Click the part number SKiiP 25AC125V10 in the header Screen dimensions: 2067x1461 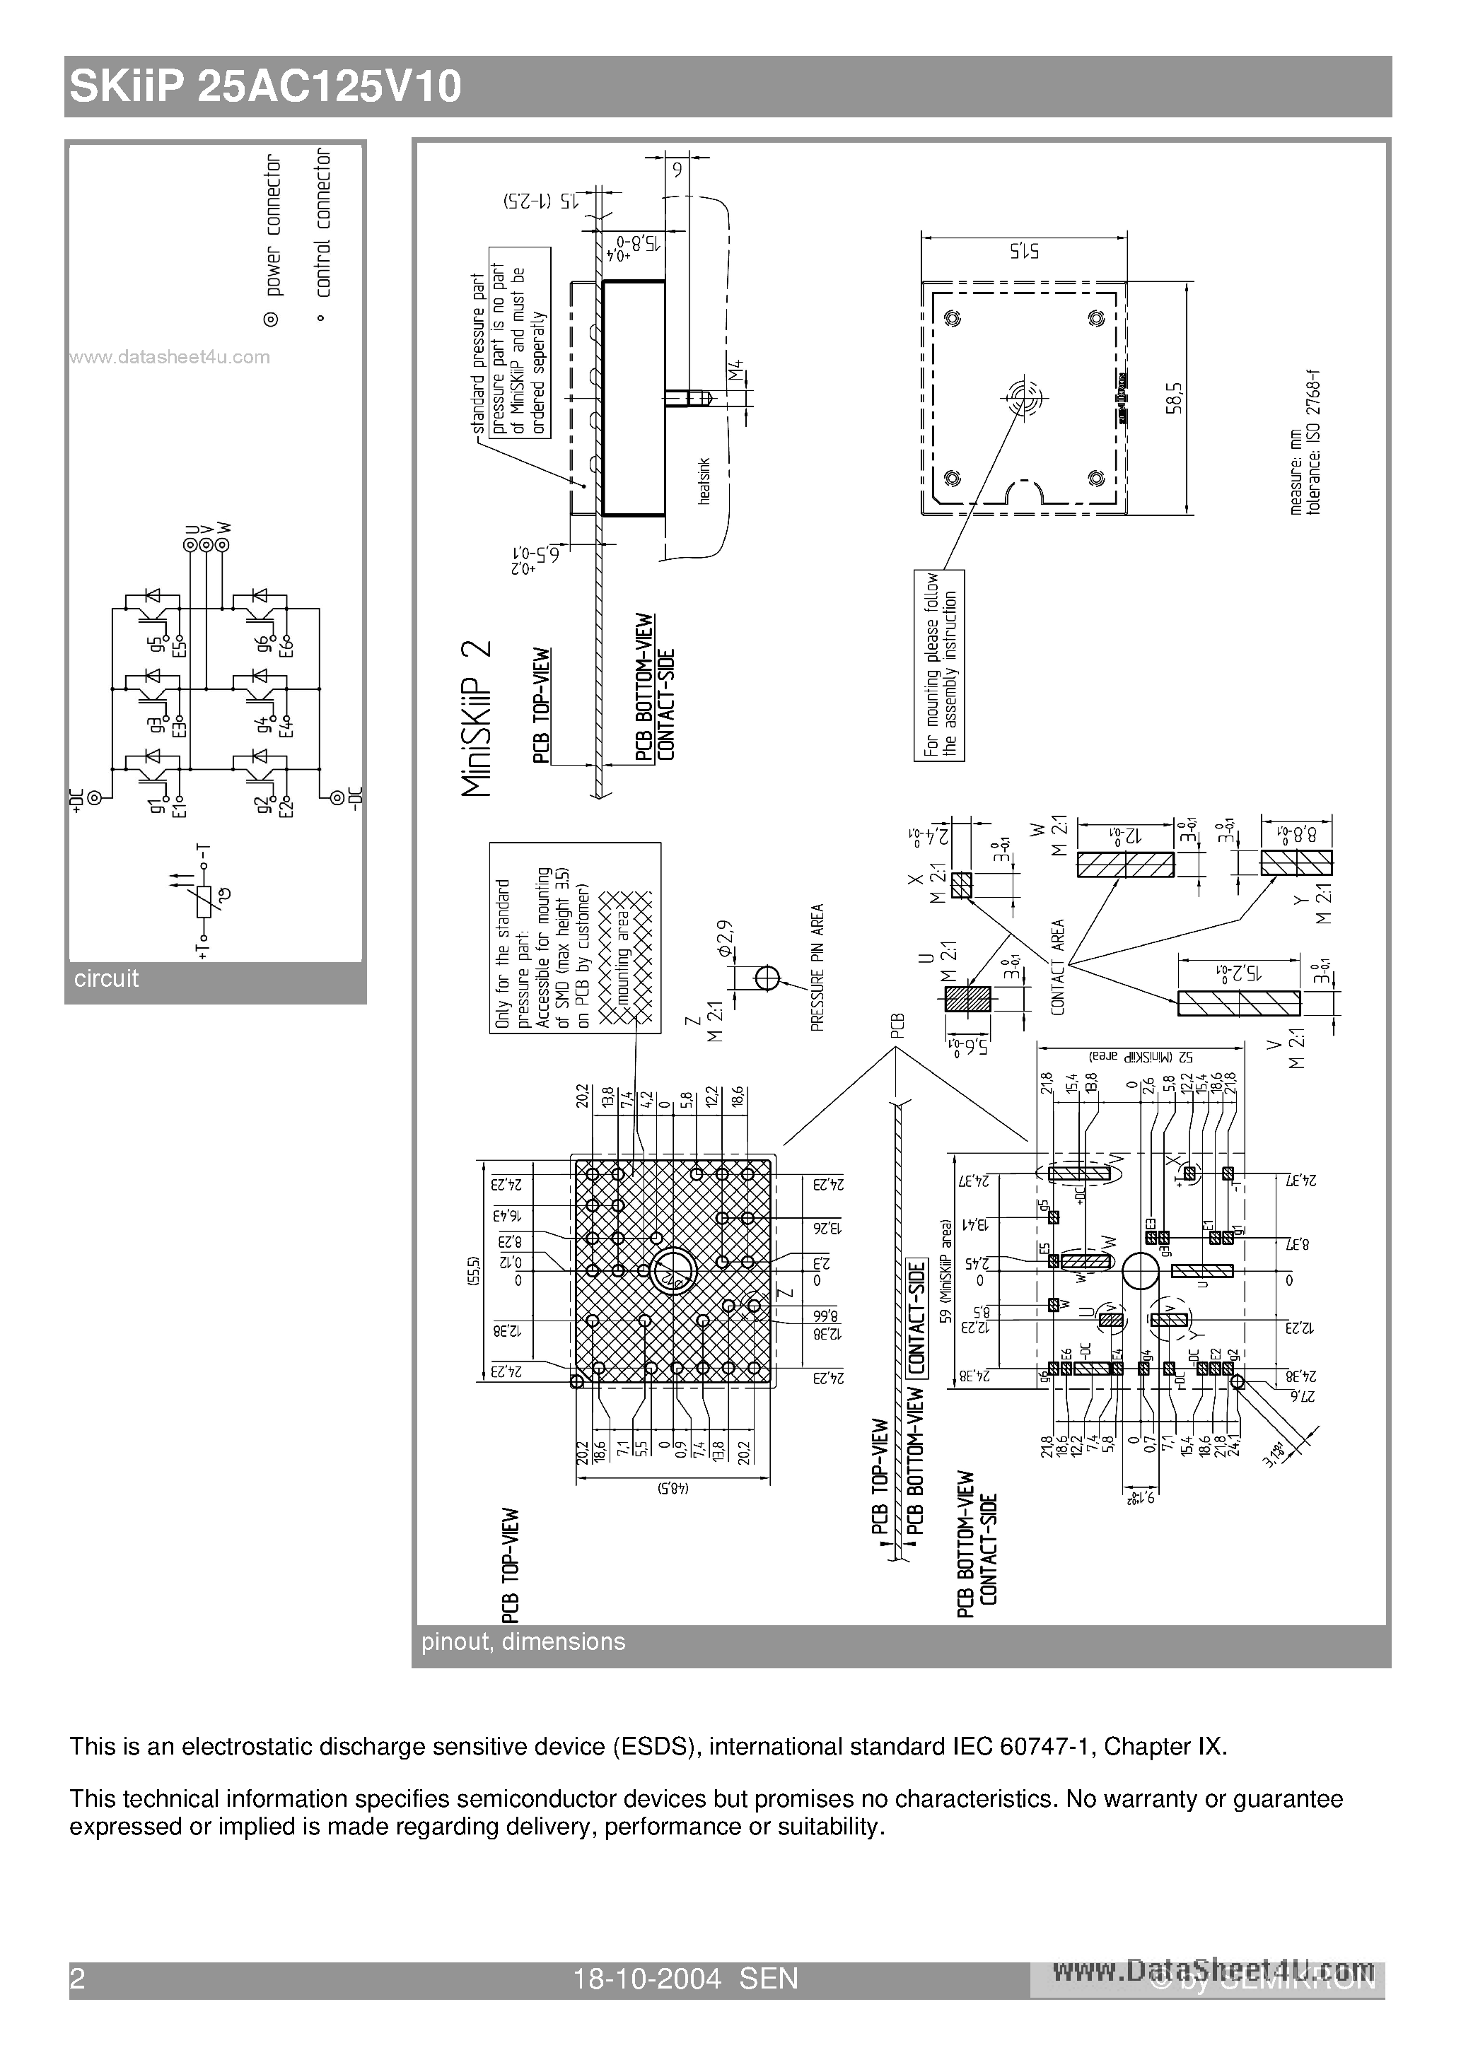266,88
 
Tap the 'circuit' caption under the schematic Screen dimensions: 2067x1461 106,978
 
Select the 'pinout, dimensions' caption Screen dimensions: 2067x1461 523,1641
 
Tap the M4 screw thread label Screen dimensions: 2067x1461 736,371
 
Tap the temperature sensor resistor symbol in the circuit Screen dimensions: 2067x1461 204,901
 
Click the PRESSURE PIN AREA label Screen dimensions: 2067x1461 818,967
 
